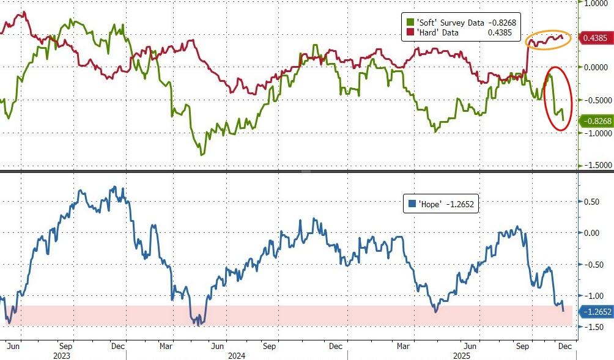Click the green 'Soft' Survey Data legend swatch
(x=410, y=23)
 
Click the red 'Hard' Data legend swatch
(x=410, y=32)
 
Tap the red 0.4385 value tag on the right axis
(x=594, y=38)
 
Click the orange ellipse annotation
(x=549, y=40)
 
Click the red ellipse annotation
(x=559, y=98)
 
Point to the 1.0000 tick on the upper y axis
(x=597, y=3)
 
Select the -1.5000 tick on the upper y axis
(x=596, y=165)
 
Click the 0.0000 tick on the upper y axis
(x=597, y=67)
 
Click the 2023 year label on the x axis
(x=61, y=354)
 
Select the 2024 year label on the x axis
(x=236, y=354)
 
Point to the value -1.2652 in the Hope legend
(x=460, y=204)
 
